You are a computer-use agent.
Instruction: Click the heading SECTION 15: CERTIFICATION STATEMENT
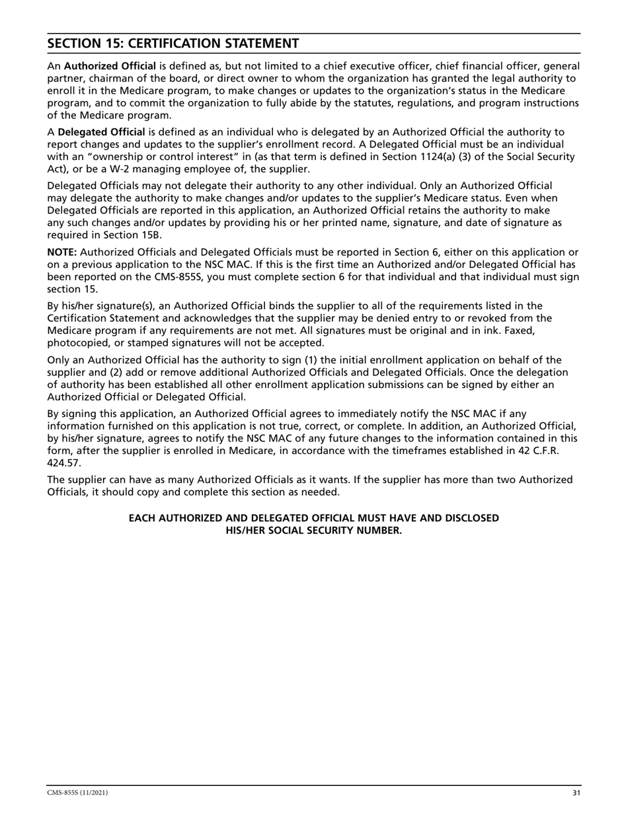click(x=173, y=44)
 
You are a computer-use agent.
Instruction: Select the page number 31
click(x=576, y=793)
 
